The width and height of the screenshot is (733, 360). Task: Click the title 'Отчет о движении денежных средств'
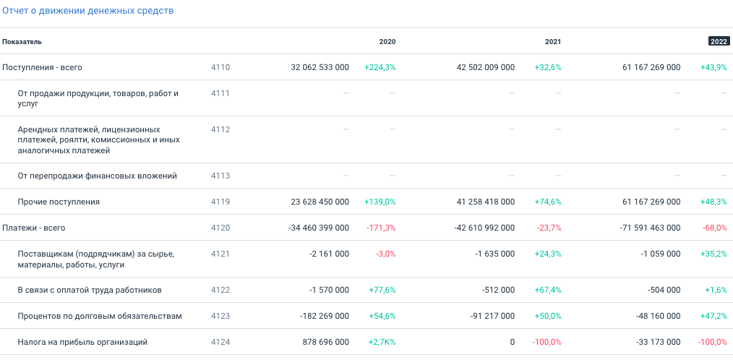87,12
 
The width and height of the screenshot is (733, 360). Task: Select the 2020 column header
387,42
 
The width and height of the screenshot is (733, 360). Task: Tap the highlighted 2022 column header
719,42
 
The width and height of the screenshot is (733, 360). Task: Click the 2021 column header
553,42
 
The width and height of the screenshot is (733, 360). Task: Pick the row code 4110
220,67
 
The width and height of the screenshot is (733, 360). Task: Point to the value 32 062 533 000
320,67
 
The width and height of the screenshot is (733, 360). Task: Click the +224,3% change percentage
380,67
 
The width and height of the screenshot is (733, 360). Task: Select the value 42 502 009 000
486,67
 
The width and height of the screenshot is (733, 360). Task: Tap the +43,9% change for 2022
713,67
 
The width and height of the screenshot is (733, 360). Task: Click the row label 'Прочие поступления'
59,202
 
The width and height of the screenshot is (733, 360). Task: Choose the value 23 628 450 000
320,202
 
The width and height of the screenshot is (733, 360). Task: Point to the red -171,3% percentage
381,228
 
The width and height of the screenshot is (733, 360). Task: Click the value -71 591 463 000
650,228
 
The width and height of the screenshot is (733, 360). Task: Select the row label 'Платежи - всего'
34,228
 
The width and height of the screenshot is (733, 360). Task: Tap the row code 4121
220,254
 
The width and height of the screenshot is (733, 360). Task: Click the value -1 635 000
495,254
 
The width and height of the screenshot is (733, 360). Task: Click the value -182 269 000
325,316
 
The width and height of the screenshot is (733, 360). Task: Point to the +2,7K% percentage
382,342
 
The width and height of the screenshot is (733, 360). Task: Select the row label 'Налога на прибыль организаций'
82,342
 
